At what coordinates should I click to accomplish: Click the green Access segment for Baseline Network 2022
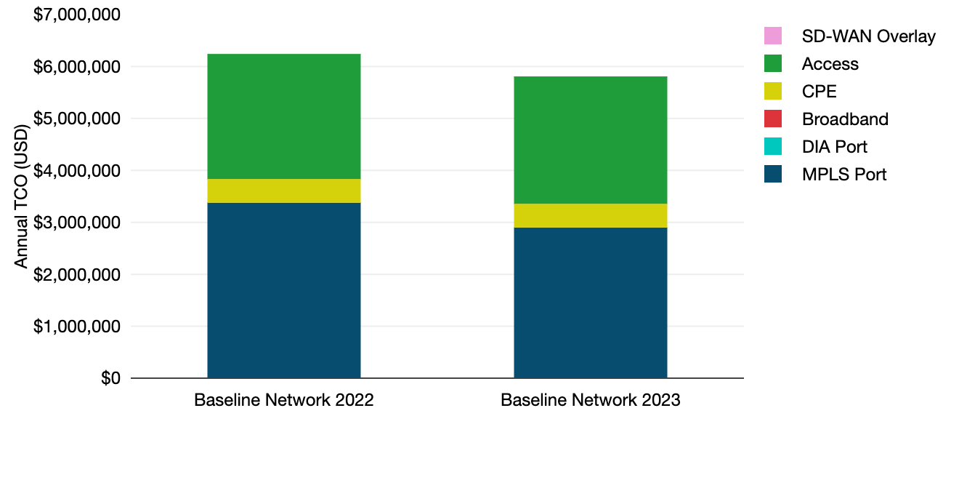[x=284, y=116]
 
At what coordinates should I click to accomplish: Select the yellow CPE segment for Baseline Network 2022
[x=284, y=191]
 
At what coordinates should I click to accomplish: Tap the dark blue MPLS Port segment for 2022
[x=284, y=290]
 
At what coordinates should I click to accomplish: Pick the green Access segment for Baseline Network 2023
[x=590, y=140]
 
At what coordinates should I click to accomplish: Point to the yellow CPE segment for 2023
[x=590, y=215]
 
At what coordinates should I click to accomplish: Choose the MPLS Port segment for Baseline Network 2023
[x=590, y=303]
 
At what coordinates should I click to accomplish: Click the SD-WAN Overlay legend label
[x=868, y=36]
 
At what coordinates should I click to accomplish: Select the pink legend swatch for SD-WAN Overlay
[x=773, y=36]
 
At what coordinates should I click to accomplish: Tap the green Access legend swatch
[x=773, y=63]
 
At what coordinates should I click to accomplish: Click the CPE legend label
[x=819, y=92]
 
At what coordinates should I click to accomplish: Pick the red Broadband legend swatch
[x=773, y=119]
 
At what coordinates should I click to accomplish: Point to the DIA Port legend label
[x=834, y=146]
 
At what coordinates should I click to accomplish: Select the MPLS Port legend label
[x=844, y=175]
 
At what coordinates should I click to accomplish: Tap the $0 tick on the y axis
[x=110, y=378]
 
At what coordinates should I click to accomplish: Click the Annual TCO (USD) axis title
[x=21, y=196]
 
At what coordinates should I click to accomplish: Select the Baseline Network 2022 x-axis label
[x=284, y=401]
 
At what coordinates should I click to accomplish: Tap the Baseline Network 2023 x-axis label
[x=590, y=401]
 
